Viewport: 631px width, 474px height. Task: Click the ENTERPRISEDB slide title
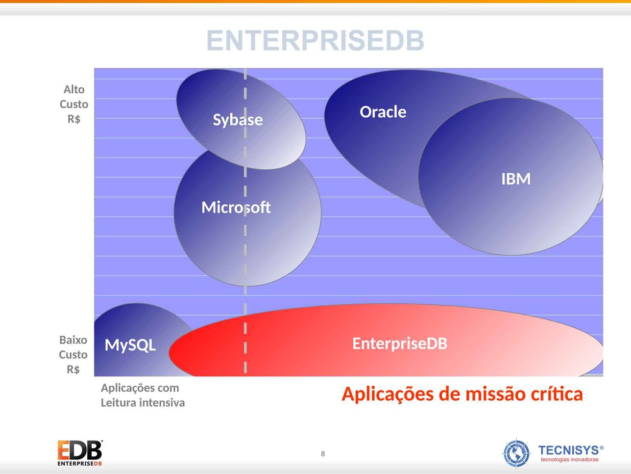(x=315, y=40)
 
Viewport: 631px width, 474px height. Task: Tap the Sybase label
(x=238, y=120)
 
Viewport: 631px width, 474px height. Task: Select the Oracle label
(x=383, y=112)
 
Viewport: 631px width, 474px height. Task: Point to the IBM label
(x=516, y=179)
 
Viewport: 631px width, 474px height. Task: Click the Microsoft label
(x=236, y=207)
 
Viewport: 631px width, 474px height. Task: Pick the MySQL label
(x=130, y=345)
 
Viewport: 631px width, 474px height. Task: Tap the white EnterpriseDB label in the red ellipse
(x=400, y=343)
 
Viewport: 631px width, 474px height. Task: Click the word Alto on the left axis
(x=74, y=89)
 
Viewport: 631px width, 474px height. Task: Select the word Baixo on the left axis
(x=73, y=340)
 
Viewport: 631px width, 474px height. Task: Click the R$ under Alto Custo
(x=74, y=119)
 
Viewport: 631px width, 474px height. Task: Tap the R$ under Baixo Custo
(x=73, y=369)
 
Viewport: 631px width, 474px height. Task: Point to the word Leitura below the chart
(x=119, y=403)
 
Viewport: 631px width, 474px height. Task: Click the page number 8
(x=323, y=454)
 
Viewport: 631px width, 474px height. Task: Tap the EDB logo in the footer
(x=80, y=453)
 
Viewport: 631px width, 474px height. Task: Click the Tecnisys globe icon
(x=516, y=453)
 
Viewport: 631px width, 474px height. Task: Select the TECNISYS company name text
(x=569, y=450)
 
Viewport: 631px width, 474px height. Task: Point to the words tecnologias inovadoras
(x=569, y=459)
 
